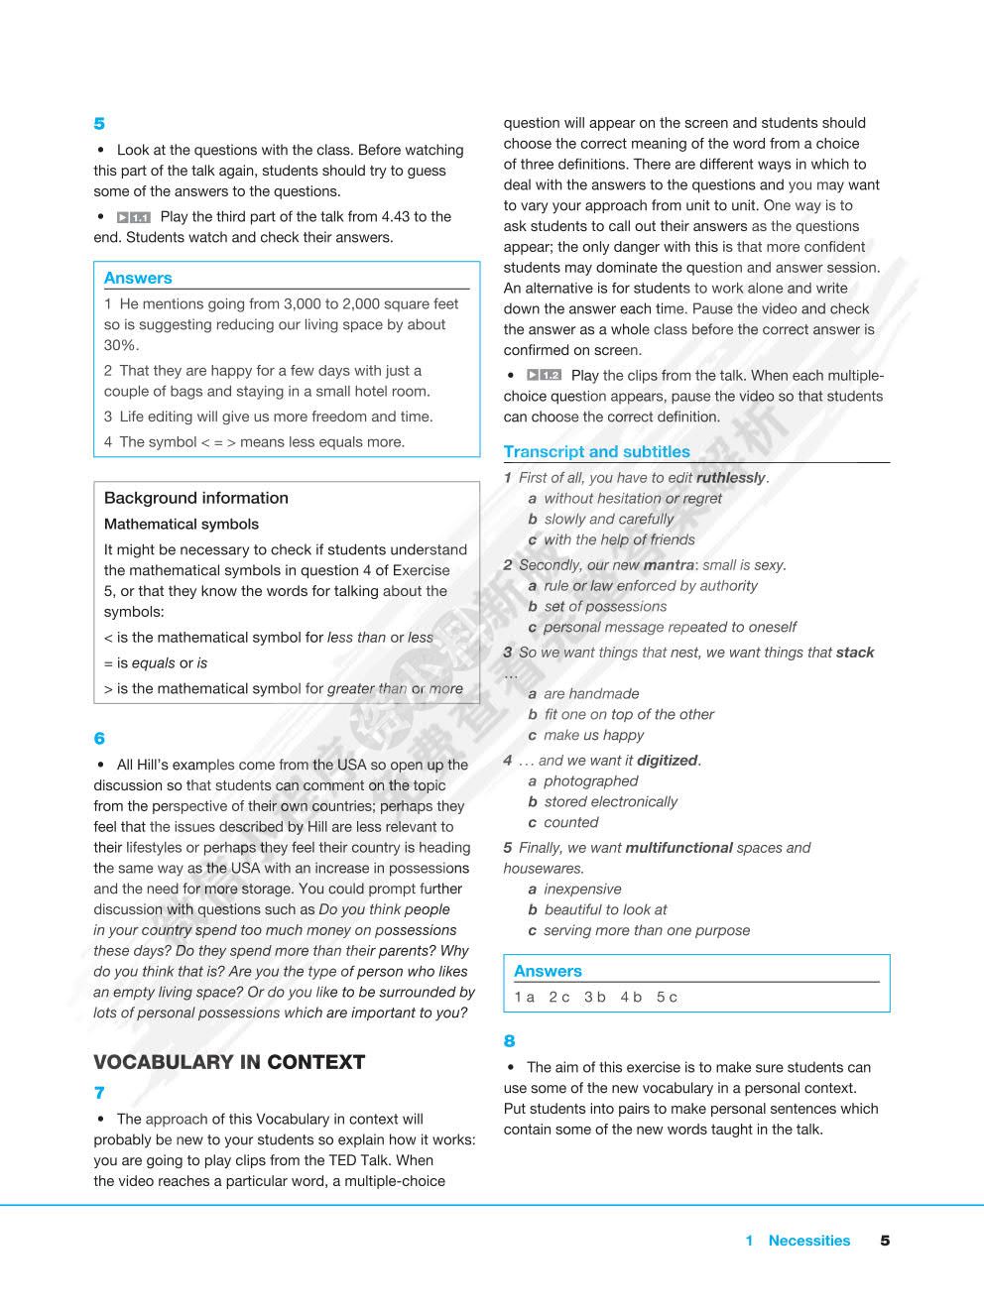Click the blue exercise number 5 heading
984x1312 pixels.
(x=99, y=124)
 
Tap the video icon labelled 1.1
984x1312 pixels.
(x=133, y=217)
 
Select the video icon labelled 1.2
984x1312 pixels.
(x=544, y=376)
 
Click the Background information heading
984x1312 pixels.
(x=196, y=498)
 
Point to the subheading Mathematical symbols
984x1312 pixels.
(x=182, y=524)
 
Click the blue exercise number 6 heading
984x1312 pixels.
(x=99, y=739)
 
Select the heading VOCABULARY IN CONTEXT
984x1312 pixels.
(x=229, y=1062)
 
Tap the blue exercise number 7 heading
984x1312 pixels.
(x=99, y=1093)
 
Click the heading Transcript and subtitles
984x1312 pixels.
(x=596, y=452)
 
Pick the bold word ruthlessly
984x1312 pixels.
(x=731, y=478)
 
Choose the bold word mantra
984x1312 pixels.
(x=669, y=565)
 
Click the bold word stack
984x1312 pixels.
(x=855, y=653)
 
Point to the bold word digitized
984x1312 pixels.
(x=668, y=761)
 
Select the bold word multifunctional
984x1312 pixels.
(x=679, y=848)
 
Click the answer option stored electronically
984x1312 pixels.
(x=611, y=801)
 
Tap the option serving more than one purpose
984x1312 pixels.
(x=647, y=930)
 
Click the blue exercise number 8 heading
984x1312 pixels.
(x=510, y=1041)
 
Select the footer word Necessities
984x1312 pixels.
(x=809, y=1241)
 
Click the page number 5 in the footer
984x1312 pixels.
(x=885, y=1241)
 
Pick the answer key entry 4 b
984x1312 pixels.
(x=632, y=998)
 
